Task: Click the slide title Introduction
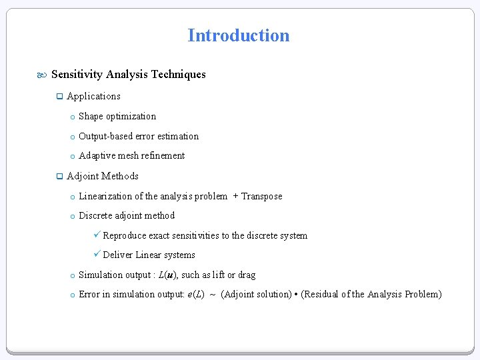coord(239,35)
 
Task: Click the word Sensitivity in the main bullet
coord(77,75)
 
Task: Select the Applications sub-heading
coord(93,96)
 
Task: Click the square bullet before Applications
coord(59,97)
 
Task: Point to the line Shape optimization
coord(117,116)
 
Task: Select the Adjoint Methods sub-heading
coord(103,176)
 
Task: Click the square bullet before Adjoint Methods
coord(59,177)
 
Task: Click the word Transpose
coord(261,196)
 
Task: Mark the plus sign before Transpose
coord(236,196)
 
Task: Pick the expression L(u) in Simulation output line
coord(167,275)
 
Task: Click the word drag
coord(246,275)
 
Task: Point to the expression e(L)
coord(195,294)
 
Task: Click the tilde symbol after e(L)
coord(213,295)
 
